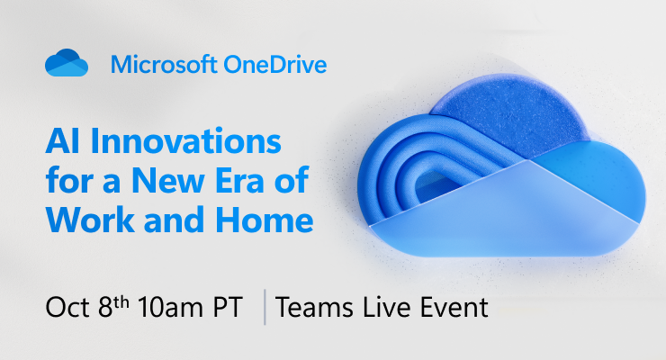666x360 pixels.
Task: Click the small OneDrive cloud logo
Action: [67, 65]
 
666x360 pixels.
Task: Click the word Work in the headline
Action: [83, 220]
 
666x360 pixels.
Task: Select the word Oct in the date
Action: [65, 307]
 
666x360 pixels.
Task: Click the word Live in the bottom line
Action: [378, 307]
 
